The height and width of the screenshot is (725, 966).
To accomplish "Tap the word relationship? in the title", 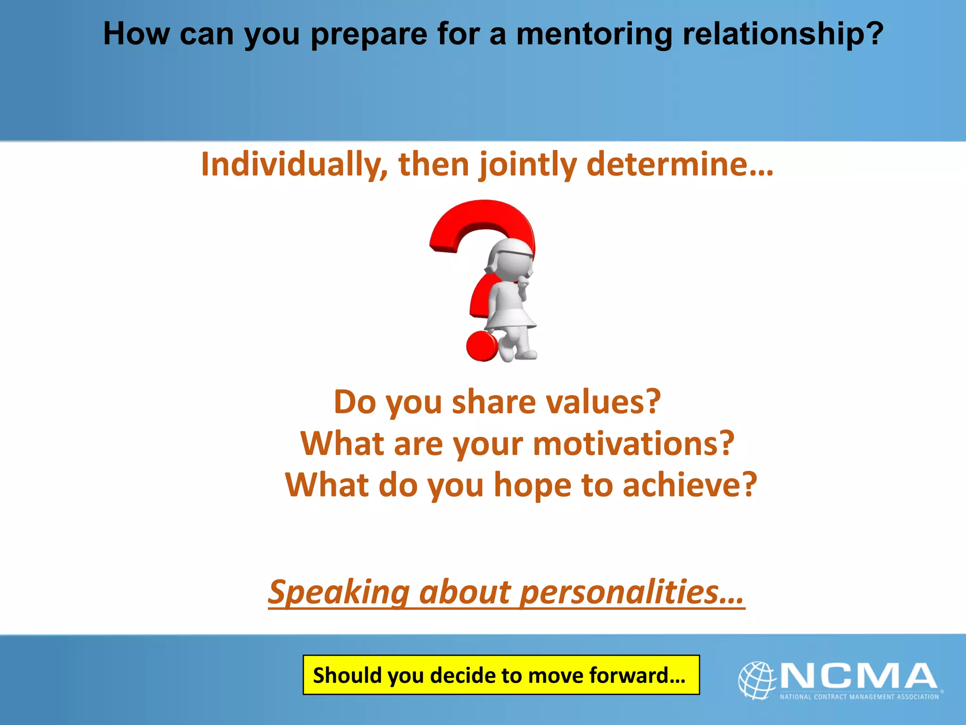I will point(783,34).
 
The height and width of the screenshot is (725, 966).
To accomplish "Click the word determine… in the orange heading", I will point(679,164).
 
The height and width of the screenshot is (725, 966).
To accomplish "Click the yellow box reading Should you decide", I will point(500,675).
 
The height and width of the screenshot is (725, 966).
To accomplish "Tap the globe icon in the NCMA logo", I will point(757,680).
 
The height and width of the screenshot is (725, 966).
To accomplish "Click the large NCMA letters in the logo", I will point(858,676).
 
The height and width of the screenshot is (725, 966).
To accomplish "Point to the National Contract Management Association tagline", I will point(859,697).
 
